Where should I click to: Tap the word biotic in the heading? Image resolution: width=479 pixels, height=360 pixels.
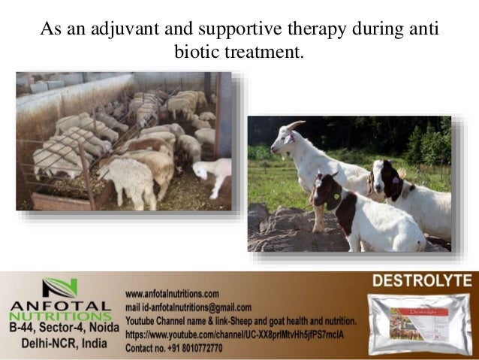coord(197,53)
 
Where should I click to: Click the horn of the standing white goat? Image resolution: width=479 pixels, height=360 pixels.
coord(295,125)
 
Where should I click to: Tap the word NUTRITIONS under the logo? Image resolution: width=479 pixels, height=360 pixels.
coord(60,318)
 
